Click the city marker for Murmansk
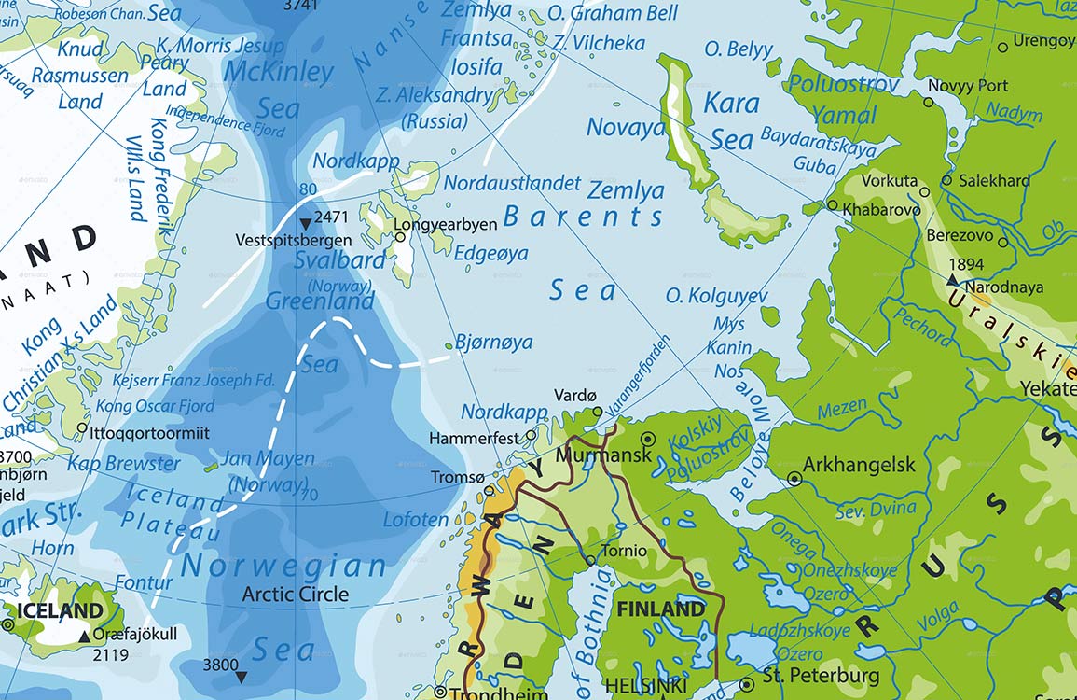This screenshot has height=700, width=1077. [x=649, y=439]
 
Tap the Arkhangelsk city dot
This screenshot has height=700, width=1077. [x=794, y=478]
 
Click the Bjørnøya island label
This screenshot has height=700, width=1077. [x=494, y=343]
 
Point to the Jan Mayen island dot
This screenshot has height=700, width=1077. [x=213, y=466]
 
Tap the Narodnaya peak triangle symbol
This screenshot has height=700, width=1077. [x=953, y=279]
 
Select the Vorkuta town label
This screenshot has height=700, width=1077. [x=890, y=180]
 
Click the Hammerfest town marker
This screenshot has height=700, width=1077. [x=532, y=434]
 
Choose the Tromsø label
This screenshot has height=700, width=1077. [x=457, y=477]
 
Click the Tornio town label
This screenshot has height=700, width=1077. [x=624, y=551]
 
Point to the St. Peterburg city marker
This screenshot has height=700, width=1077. [x=746, y=685]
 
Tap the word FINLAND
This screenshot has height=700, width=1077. [x=661, y=609]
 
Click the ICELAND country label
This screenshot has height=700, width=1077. [x=61, y=611]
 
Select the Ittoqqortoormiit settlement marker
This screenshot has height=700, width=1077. [x=82, y=428]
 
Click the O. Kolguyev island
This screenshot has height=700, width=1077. [x=770, y=315]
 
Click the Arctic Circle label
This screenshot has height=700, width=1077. [x=296, y=594]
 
